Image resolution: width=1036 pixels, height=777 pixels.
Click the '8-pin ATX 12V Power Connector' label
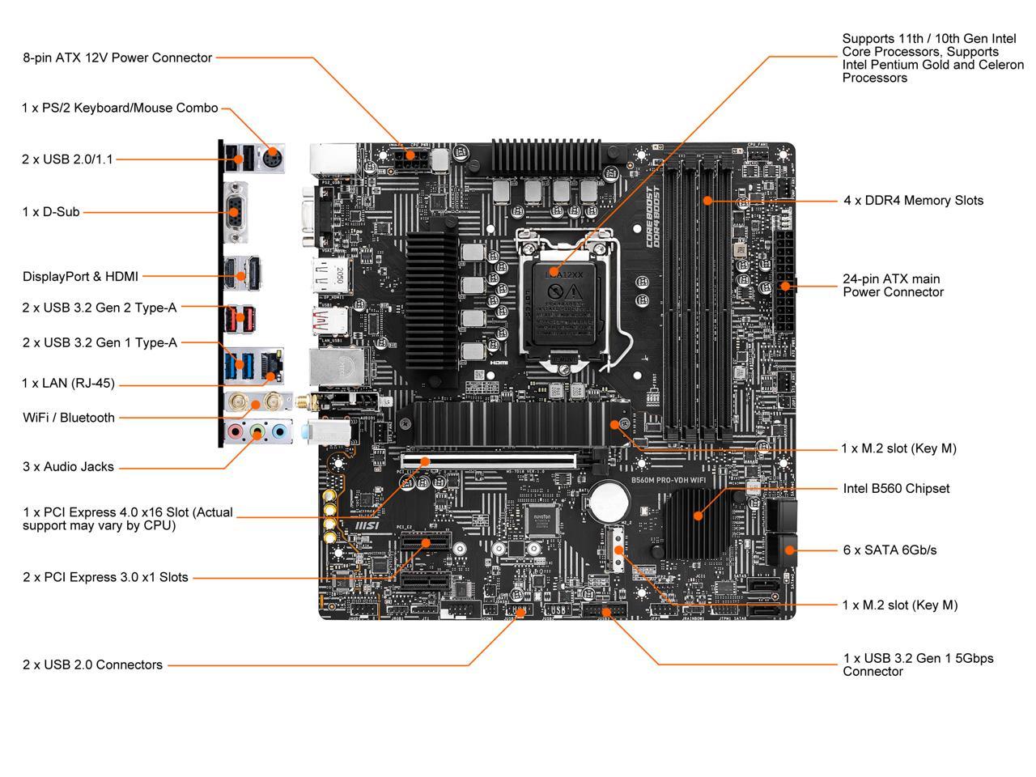[x=117, y=57]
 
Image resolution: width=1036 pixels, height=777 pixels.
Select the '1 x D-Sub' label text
[x=51, y=212]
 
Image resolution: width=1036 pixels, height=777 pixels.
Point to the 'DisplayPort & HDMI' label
[x=80, y=277]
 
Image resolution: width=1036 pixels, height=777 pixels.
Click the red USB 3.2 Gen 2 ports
[x=240, y=317]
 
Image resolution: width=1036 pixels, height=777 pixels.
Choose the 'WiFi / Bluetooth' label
[x=69, y=418]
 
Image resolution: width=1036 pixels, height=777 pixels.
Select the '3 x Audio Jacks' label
[x=68, y=467]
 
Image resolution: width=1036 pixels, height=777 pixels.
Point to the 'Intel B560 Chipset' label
[x=896, y=489]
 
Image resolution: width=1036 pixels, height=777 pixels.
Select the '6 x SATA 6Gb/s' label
[x=890, y=550]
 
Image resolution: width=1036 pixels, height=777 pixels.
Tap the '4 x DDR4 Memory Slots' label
[x=913, y=201]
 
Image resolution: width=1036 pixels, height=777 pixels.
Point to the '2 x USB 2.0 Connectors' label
[x=92, y=665]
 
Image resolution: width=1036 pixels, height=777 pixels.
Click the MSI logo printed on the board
[x=369, y=525]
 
